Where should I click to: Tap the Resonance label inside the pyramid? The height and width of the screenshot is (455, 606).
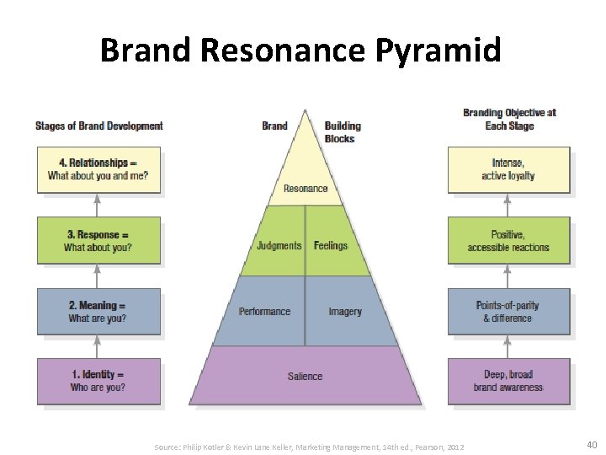pyautogui.click(x=306, y=189)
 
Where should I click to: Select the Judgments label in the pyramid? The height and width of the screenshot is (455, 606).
pyautogui.click(x=279, y=246)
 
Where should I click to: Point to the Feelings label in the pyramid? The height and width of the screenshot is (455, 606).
pyautogui.click(x=331, y=246)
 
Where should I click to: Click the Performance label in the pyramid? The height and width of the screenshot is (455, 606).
pyautogui.click(x=264, y=312)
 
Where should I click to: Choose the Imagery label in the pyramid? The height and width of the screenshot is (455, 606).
pyautogui.click(x=345, y=312)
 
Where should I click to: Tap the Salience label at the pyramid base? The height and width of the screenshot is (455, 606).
pyautogui.click(x=305, y=377)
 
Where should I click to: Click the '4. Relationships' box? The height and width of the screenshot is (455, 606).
pyautogui.click(x=98, y=169)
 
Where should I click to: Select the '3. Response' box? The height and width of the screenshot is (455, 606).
pyautogui.click(x=98, y=241)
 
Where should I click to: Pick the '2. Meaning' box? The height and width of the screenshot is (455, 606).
pyautogui.click(x=98, y=312)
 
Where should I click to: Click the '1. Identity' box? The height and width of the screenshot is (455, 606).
pyautogui.click(x=98, y=381)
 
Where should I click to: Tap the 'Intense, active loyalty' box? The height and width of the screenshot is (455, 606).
pyautogui.click(x=508, y=169)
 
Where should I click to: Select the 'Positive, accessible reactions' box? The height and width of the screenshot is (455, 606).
pyautogui.click(x=508, y=241)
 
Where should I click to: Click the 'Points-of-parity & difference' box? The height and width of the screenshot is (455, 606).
pyautogui.click(x=508, y=312)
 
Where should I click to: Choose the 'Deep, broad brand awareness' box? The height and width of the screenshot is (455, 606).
pyautogui.click(x=508, y=381)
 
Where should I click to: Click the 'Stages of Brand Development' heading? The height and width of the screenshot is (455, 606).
pyautogui.click(x=99, y=126)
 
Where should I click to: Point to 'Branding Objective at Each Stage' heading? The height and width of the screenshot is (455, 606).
pyautogui.click(x=509, y=120)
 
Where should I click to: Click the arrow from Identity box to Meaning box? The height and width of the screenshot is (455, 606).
pyautogui.click(x=98, y=346)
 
